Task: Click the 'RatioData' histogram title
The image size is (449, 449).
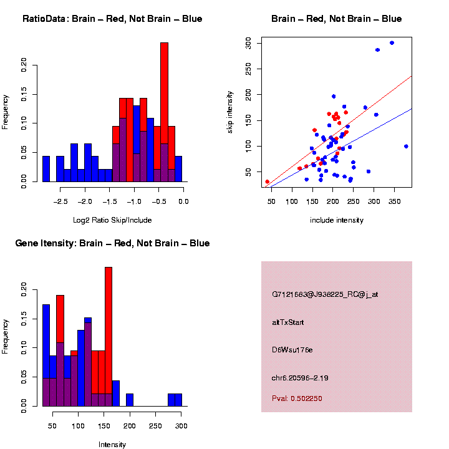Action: coord(112,19)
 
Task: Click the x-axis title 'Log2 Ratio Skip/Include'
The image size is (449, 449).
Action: coord(112,220)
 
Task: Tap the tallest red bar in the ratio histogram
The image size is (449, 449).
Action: coord(164,112)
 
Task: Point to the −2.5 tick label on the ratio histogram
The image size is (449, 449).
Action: coord(60,201)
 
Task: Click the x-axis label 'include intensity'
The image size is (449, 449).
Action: coord(336,220)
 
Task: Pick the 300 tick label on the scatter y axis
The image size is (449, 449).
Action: coord(248,43)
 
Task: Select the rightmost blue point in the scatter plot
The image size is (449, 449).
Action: coord(406,147)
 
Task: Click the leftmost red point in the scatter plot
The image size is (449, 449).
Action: coord(268,182)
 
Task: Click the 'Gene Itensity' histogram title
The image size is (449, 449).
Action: coord(112,243)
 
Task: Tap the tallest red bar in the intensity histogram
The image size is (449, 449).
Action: coord(109,337)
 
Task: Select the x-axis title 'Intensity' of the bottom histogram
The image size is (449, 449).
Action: coord(112,445)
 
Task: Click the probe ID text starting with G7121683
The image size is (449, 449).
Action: coord(324,294)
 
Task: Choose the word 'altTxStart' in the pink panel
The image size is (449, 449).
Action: coord(288,322)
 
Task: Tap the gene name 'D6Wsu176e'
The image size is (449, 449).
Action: coord(292,350)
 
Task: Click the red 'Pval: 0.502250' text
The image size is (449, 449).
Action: coord(297,398)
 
